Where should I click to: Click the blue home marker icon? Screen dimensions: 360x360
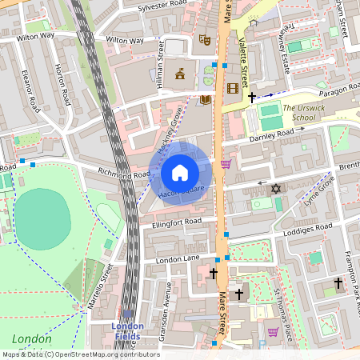point(180,173)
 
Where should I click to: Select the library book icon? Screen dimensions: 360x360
point(206,99)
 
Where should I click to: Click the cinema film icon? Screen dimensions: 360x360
point(232,88)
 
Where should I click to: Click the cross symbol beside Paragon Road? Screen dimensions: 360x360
point(253,98)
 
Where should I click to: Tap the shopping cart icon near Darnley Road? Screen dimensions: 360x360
point(226,164)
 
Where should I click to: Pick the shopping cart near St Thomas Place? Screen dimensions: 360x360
point(273,331)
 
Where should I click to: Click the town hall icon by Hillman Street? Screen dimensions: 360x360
point(181,74)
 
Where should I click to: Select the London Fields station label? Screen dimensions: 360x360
point(127,330)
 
